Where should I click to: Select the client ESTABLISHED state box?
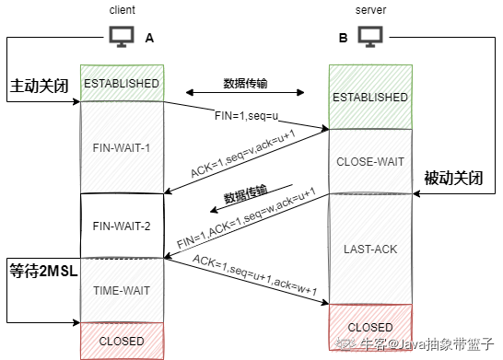point(122,83)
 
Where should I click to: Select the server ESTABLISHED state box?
point(368,96)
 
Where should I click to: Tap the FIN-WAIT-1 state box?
point(122,147)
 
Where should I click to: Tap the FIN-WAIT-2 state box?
point(122,224)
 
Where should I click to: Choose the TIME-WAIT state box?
point(122,290)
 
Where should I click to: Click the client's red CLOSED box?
point(122,341)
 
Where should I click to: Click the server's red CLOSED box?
point(368,327)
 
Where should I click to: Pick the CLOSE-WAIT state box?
point(368,161)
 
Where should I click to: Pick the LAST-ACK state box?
point(368,249)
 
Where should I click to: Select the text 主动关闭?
point(39,86)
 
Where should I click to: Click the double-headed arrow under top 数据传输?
point(245,93)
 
